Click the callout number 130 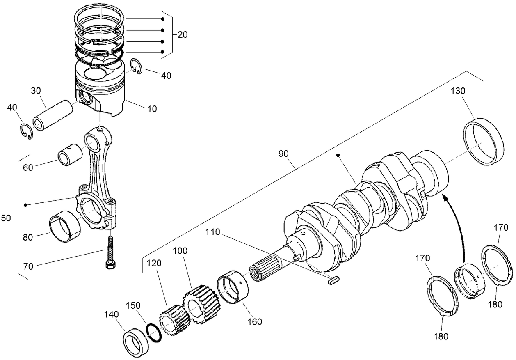(458, 91)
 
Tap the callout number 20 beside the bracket (183, 35)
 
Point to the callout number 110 (213, 233)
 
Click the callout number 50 (6, 218)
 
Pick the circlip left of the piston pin (27, 131)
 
